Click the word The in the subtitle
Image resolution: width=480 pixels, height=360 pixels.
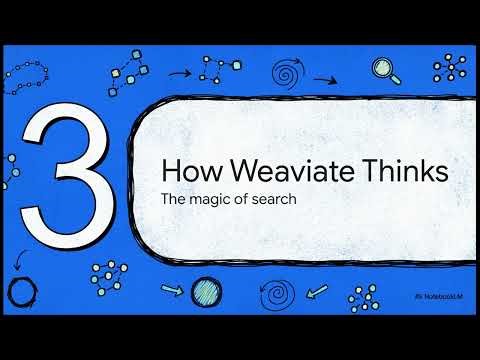point(174,198)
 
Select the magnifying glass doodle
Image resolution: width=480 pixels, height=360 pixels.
point(384,69)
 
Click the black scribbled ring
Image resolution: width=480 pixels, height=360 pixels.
point(22,292)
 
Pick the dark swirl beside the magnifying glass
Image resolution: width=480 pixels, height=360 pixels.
point(288,70)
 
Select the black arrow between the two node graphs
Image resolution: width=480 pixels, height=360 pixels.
point(180,72)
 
